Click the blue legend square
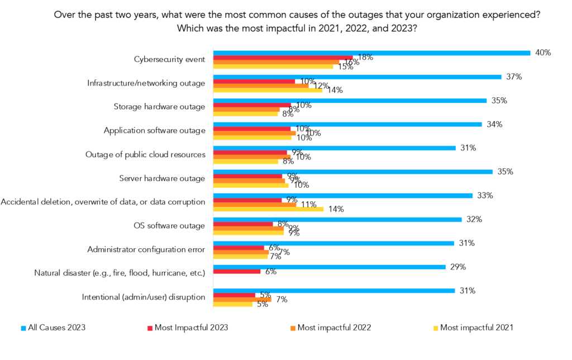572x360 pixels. click(23, 329)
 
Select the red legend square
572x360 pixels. click(150, 329)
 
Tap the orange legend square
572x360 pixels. click(293, 329)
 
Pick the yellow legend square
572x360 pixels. click(436, 329)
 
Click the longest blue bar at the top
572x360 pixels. click(372, 53)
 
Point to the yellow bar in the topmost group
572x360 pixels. click(273, 67)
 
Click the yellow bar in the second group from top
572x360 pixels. click(268, 91)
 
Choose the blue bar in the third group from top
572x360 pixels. click(350, 101)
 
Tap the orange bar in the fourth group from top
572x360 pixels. click(255, 134)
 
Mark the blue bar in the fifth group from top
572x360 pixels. click(335, 148)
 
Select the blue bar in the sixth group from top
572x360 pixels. click(353, 172)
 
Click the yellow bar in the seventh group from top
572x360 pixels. click(269, 210)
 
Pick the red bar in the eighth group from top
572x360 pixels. click(243, 224)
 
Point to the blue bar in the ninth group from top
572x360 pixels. click(334, 243)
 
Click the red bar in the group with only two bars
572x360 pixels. click(237, 272)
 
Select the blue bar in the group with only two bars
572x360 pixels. click(330, 267)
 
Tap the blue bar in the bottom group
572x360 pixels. click(334, 291)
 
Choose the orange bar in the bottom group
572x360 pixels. click(242, 300)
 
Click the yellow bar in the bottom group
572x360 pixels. click(233, 305)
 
